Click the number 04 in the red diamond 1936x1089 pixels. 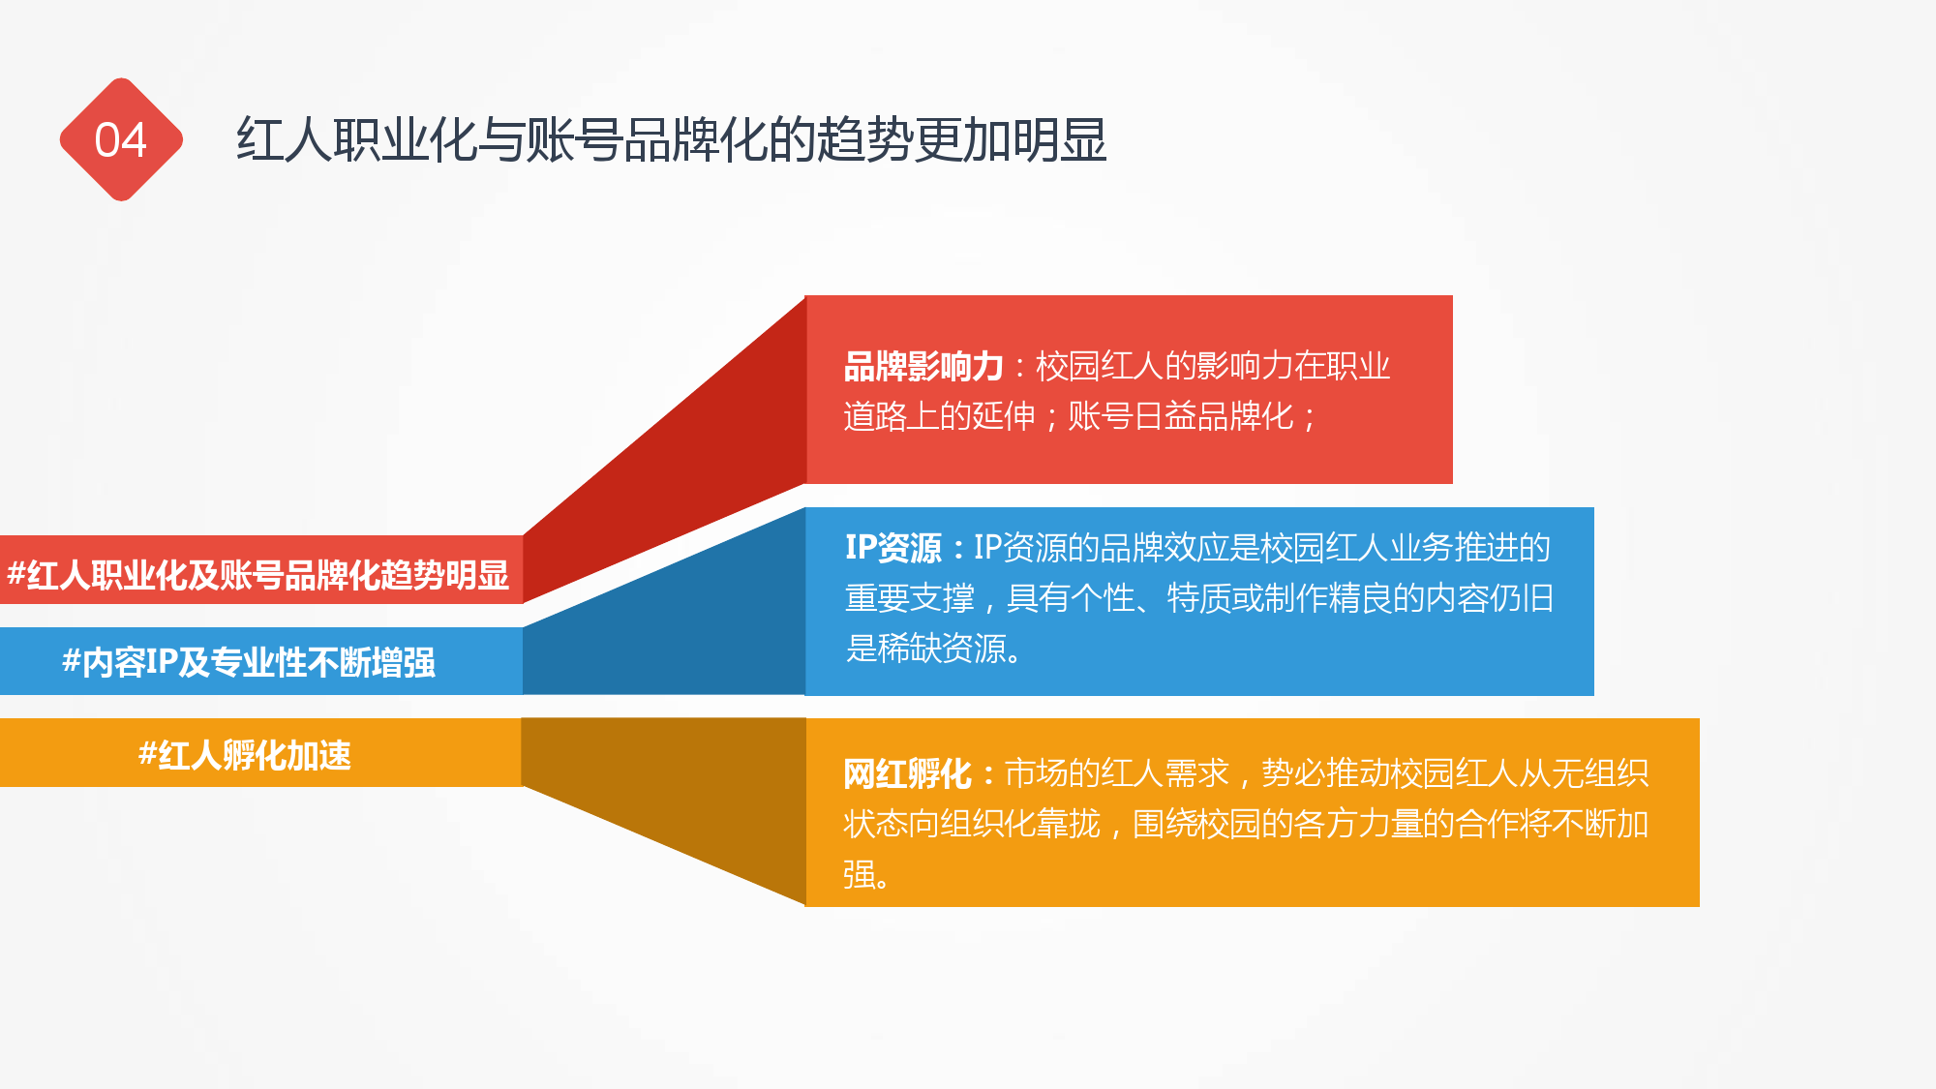[x=121, y=140]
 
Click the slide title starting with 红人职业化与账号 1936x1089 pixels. [x=672, y=140]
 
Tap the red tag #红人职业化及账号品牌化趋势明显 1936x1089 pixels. [x=258, y=575]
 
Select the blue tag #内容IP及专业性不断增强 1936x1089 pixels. [x=249, y=662]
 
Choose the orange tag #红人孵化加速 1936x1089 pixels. [x=245, y=755]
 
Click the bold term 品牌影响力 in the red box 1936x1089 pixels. [x=923, y=367]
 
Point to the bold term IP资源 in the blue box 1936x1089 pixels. [x=892, y=548]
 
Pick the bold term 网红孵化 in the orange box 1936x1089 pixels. [x=907, y=773]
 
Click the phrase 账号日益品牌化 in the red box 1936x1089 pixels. [x=1180, y=416]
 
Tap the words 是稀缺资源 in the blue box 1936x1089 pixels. [x=925, y=649]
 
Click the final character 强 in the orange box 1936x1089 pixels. [x=860, y=874]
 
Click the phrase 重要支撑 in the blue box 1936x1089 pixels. [x=909, y=598]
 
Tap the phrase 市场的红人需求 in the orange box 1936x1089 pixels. [x=1117, y=773]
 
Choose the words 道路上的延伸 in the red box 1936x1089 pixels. [x=939, y=416]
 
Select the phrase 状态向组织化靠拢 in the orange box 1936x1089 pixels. [x=972, y=824]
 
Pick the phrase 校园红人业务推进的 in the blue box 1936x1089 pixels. [x=1406, y=548]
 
